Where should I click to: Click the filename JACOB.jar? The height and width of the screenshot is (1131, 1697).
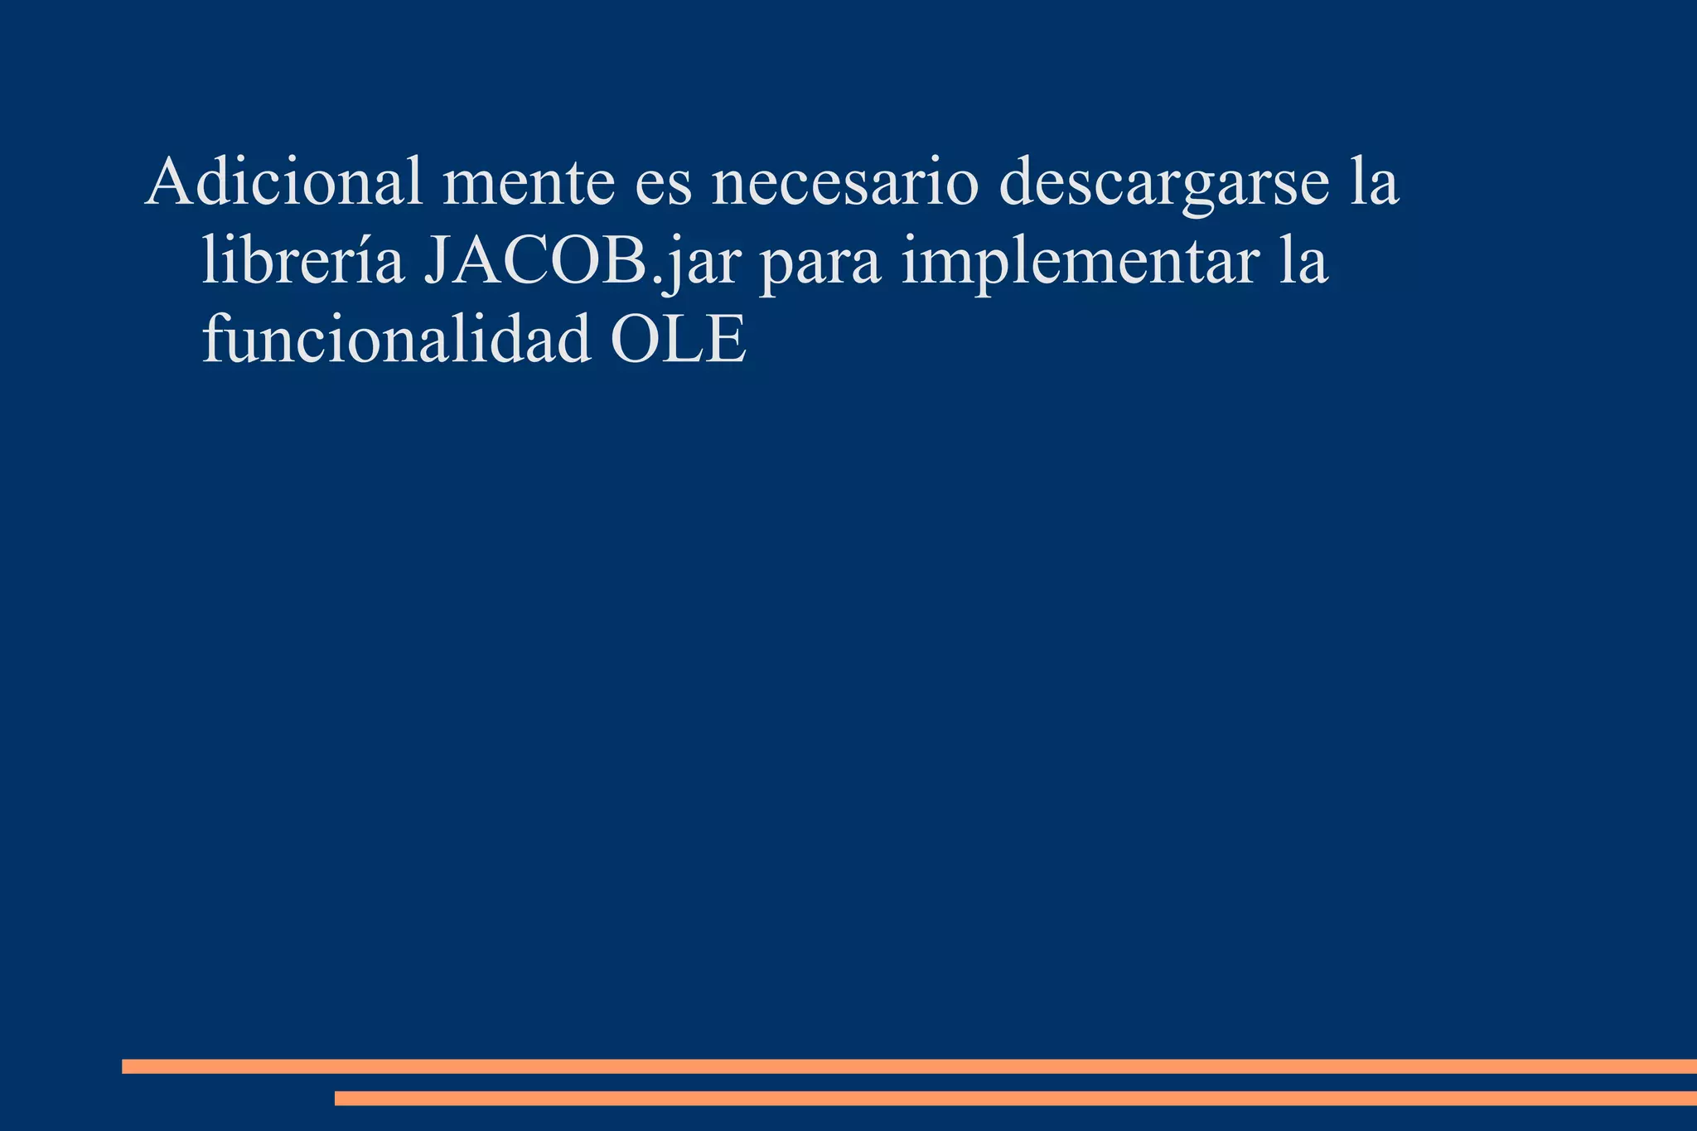(580, 262)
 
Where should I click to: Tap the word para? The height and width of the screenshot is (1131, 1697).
(819, 265)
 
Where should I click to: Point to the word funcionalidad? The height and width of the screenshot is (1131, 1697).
(396, 340)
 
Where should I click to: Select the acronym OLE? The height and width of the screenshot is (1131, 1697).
(678, 340)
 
